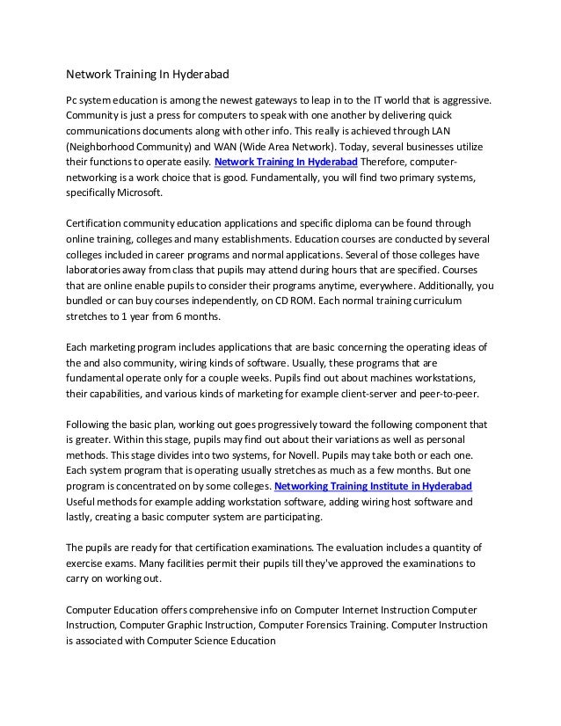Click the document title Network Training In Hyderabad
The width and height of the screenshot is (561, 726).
coord(142,75)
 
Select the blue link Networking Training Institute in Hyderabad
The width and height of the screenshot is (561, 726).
coord(374,486)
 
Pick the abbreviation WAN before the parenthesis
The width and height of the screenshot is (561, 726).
coord(224,147)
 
